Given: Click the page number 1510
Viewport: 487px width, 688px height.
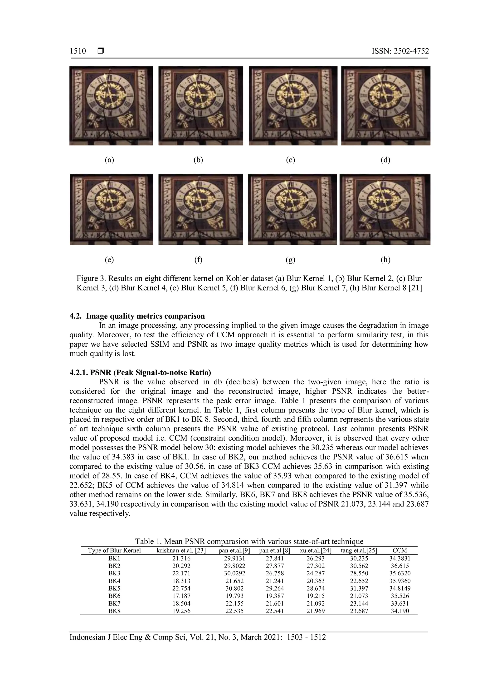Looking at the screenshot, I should pyautogui.click(x=78, y=51).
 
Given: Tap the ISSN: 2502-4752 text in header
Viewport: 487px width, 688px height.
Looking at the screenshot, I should pyautogui.click(x=400, y=51).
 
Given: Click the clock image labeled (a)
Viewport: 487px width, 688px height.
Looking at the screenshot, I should pyautogui.click(x=111, y=105).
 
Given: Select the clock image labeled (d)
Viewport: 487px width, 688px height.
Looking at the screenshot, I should pyautogui.click(x=386, y=105).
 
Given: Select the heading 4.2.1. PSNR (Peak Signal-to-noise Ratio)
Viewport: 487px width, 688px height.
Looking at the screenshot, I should pyautogui.click(x=140, y=373).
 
